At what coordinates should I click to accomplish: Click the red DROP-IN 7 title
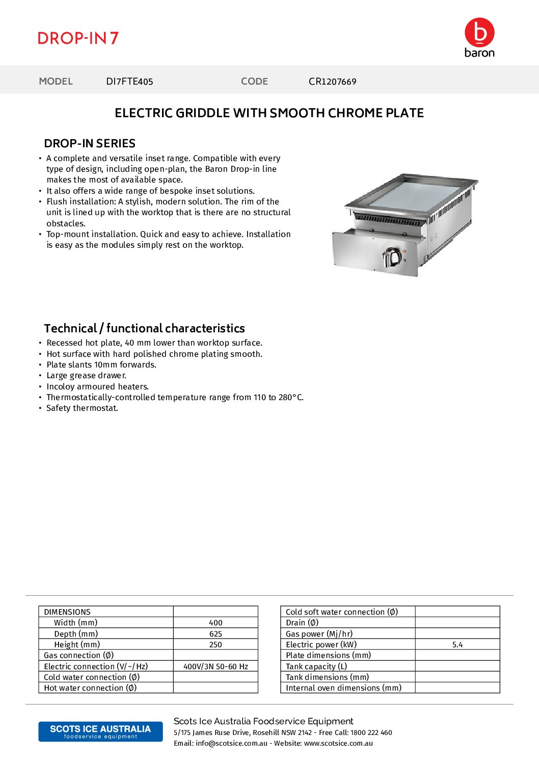click(78, 38)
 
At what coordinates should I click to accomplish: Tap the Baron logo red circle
click(479, 32)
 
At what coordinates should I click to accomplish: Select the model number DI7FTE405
click(129, 82)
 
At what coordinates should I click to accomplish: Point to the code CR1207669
click(332, 82)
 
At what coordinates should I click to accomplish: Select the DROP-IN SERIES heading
click(90, 143)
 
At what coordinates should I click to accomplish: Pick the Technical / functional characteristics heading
click(144, 328)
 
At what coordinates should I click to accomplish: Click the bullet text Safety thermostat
click(82, 408)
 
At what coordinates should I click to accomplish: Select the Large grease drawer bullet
click(86, 376)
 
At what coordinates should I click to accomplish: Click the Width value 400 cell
click(215, 623)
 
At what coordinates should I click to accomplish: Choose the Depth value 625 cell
click(215, 634)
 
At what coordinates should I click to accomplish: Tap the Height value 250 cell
click(215, 645)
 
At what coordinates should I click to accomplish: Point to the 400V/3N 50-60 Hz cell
click(215, 667)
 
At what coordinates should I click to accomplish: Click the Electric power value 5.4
click(457, 645)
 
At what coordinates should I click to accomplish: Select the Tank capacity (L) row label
click(316, 667)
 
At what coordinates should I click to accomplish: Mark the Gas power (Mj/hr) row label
click(319, 634)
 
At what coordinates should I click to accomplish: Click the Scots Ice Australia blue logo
click(100, 731)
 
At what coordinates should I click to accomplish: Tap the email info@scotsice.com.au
click(231, 744)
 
